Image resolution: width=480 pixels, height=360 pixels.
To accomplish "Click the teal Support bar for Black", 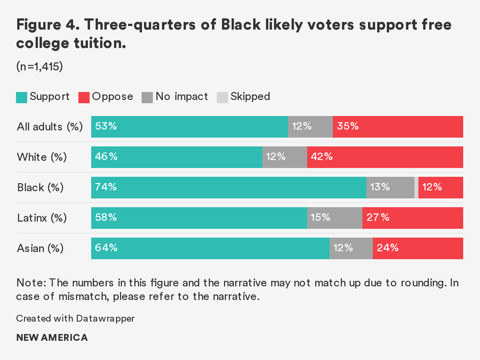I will (x=228, y=188).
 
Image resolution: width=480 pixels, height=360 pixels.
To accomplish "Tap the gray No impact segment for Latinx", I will (x=334, y=218).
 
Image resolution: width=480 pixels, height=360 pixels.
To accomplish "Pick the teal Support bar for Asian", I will (x=210, y=248).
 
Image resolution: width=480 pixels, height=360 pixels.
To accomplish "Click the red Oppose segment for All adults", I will (x=398, y=127).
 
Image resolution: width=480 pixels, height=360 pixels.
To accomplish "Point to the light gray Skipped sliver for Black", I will (x=416, y=188).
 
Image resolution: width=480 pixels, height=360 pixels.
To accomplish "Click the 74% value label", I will (x=106, y=187).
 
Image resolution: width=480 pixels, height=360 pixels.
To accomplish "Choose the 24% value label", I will (x=388, y=248).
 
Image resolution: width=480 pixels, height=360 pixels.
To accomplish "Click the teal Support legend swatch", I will (x=22, y=97).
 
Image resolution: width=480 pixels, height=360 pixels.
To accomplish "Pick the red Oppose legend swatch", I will (x=84, y=97).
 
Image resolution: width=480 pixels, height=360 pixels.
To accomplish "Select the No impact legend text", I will (x=182, y=96).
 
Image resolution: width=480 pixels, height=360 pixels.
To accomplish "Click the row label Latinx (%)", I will (x=42, y=218).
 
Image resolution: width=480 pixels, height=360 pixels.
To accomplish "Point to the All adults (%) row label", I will (x=50, y=127).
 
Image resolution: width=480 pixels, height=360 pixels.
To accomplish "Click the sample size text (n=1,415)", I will (x=40, y=67).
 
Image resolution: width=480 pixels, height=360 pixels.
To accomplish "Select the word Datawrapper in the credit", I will (x=105, y=318).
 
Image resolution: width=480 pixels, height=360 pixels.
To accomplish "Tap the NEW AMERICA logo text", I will (x=52, y=338).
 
